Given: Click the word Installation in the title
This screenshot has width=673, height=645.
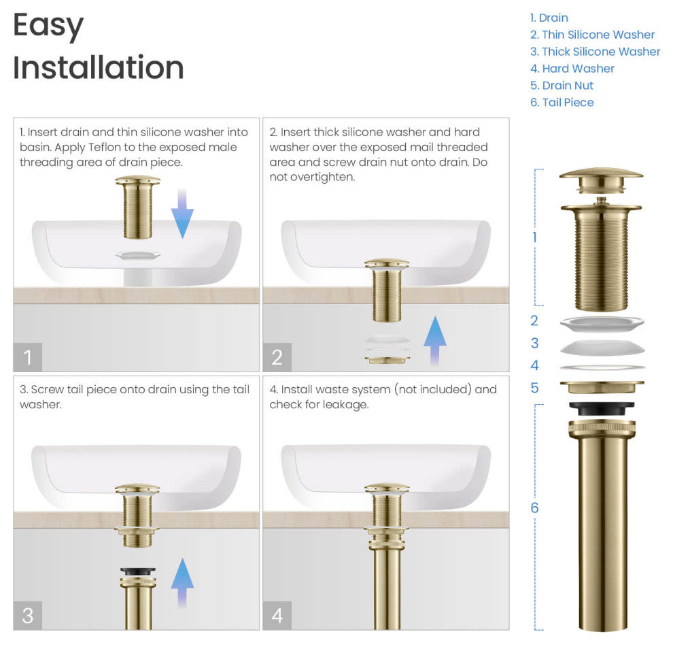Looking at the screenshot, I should [x=99, y=68].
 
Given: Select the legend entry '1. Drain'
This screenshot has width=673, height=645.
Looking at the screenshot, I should [x=549, y=18].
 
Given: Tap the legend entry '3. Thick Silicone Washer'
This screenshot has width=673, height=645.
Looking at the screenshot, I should [x=596, y=52].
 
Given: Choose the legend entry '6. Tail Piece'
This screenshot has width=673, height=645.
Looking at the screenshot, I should [x=562, y=103].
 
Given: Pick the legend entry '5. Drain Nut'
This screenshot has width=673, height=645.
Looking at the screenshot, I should [x=562, y=86].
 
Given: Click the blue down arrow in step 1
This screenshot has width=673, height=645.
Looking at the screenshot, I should [x=182, y=214].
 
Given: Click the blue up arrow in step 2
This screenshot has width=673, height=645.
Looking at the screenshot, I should [x=434, y=341].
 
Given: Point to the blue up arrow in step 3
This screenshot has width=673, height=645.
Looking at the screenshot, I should [x=182, y=582].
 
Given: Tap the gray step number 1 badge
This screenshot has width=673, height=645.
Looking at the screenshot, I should [x=28, y=357].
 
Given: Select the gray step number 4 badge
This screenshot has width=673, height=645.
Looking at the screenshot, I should [x=277, y=615].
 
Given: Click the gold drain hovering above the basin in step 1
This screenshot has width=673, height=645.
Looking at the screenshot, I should [x=138, y=207].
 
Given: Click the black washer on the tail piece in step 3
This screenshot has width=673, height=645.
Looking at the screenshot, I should [x=138, y=572].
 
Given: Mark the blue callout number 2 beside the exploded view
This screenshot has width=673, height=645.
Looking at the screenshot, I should [x=534, y=321].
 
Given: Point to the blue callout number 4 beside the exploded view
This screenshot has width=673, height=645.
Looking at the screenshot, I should [x=534, y=365].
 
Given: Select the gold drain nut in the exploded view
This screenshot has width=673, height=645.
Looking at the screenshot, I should [x=601, y=387].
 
